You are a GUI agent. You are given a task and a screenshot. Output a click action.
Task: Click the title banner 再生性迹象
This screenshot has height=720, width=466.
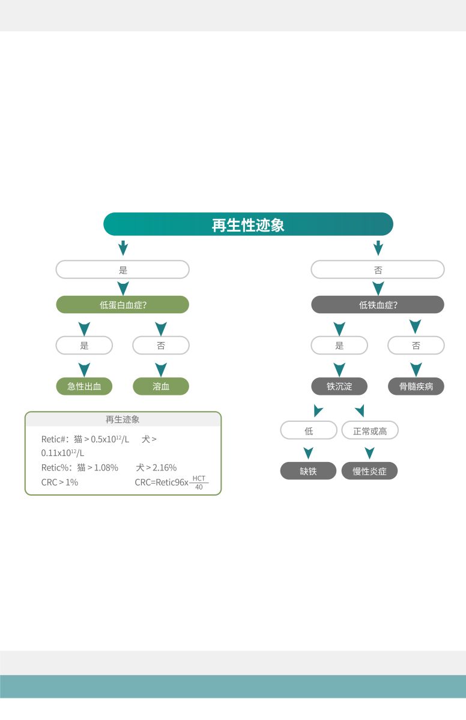248,224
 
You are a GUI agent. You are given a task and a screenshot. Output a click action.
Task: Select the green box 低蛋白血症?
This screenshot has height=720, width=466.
123,305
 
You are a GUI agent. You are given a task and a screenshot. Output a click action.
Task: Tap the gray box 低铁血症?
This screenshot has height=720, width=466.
378,305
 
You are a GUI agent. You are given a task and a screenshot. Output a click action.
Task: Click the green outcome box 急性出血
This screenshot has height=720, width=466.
84,386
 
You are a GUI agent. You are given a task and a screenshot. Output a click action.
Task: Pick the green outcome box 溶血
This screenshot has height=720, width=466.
161,386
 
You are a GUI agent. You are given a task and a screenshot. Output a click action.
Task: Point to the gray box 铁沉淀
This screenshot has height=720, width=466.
339,386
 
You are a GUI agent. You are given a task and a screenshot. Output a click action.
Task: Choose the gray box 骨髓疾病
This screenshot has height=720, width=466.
416,386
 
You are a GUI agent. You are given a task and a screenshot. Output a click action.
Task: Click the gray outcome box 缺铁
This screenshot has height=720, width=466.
308,471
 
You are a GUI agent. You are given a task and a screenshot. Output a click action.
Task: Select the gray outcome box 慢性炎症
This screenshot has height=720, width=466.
369,471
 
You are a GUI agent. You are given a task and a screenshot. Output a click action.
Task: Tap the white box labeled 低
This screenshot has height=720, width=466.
309,431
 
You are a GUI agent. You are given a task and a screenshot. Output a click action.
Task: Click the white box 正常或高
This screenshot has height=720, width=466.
370,431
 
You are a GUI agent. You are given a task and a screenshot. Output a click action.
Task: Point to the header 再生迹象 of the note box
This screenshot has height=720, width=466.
123,419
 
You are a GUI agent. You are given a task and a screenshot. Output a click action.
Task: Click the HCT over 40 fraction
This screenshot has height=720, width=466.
199,482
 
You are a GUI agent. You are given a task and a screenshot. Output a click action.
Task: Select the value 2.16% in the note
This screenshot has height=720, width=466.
165,467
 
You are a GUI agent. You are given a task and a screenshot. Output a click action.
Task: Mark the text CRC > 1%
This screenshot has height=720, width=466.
59,482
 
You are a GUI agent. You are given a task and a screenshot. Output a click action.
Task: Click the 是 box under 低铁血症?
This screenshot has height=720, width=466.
339,346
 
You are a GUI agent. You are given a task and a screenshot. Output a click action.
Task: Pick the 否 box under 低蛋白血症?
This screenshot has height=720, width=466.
161,346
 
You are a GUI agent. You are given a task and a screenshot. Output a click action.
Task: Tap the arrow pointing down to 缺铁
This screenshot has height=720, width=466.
308,452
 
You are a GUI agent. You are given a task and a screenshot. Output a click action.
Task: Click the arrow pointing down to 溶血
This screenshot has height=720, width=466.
161,368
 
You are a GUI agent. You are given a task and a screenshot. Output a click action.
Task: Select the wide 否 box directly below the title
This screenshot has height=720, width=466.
378,270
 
